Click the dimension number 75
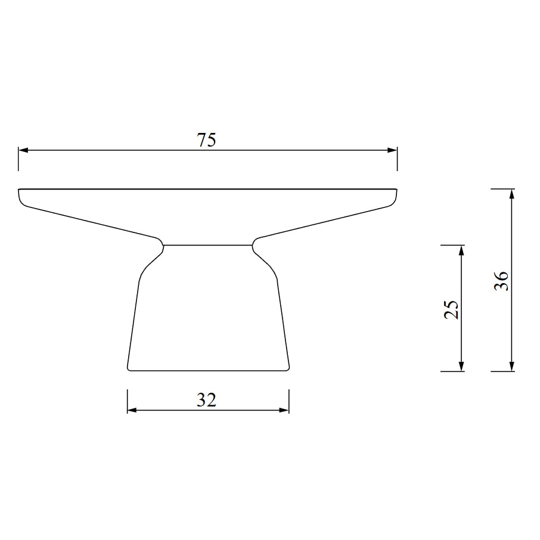tap(206, 140)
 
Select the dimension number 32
tap(206, 400)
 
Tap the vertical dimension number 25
tap(452, 309)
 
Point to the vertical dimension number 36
tap(501, 281)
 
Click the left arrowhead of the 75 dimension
tap(23, 150)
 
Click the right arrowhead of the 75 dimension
tap(392, 150)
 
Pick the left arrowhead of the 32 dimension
tap(132, 410)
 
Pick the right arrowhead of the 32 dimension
tap(284, 410)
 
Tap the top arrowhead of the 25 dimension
tap(462, 250)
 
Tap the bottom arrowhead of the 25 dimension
tap(462, 367)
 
